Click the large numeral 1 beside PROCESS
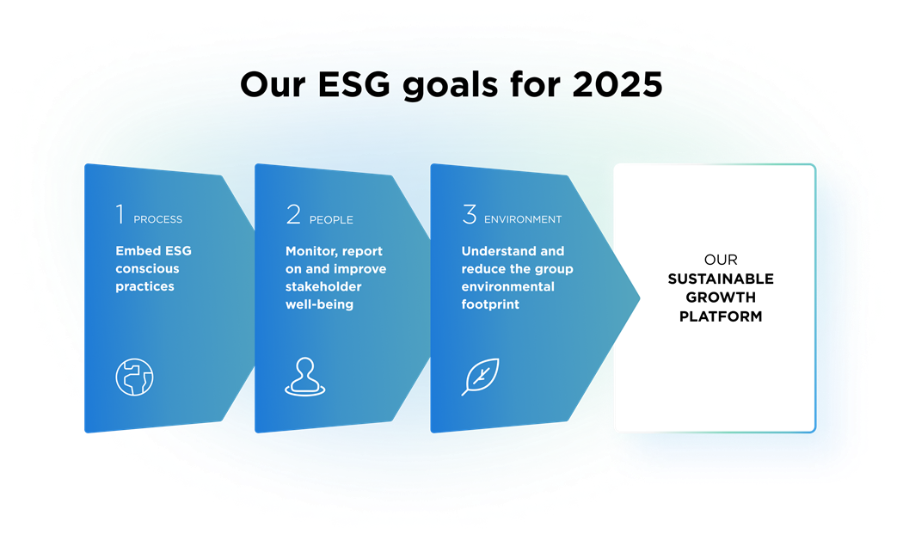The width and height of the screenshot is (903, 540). [x=120, y=215]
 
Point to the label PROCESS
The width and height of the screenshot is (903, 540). [x=158, y=220]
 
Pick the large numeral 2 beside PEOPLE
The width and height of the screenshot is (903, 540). [x=293, y=215]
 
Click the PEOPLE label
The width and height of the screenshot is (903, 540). [x=331, y=220]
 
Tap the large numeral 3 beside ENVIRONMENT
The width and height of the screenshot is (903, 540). [x=469, y=215]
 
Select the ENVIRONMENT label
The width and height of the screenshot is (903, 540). [x=523, y=220]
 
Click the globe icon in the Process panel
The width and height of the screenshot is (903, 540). [x=134, y=377]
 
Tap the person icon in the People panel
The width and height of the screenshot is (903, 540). [x=305, y=377]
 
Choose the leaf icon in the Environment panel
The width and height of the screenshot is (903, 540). [x=481, y=377]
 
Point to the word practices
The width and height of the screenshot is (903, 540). [x=145, y=286]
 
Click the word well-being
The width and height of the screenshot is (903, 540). [x=319, y=304]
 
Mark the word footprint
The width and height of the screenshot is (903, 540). [x=490, y=304]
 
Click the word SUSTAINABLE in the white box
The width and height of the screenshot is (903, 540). [x=721, y=279]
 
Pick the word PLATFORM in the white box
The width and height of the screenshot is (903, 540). [x=721, y=316]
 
